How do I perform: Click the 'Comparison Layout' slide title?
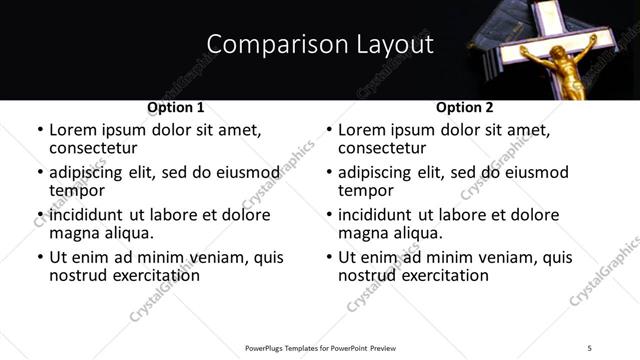coord(319,44)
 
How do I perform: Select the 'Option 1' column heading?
coord(176,107)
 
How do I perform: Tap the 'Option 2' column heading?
coord(465,107)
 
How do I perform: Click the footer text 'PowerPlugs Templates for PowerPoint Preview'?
coord(321,347)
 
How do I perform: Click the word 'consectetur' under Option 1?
coord(93,148)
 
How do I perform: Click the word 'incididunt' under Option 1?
coord(86,215)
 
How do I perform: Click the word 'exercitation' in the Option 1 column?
coord(153,275)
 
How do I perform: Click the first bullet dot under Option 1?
coord(39,130)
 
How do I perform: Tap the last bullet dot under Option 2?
coord(328,257)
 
